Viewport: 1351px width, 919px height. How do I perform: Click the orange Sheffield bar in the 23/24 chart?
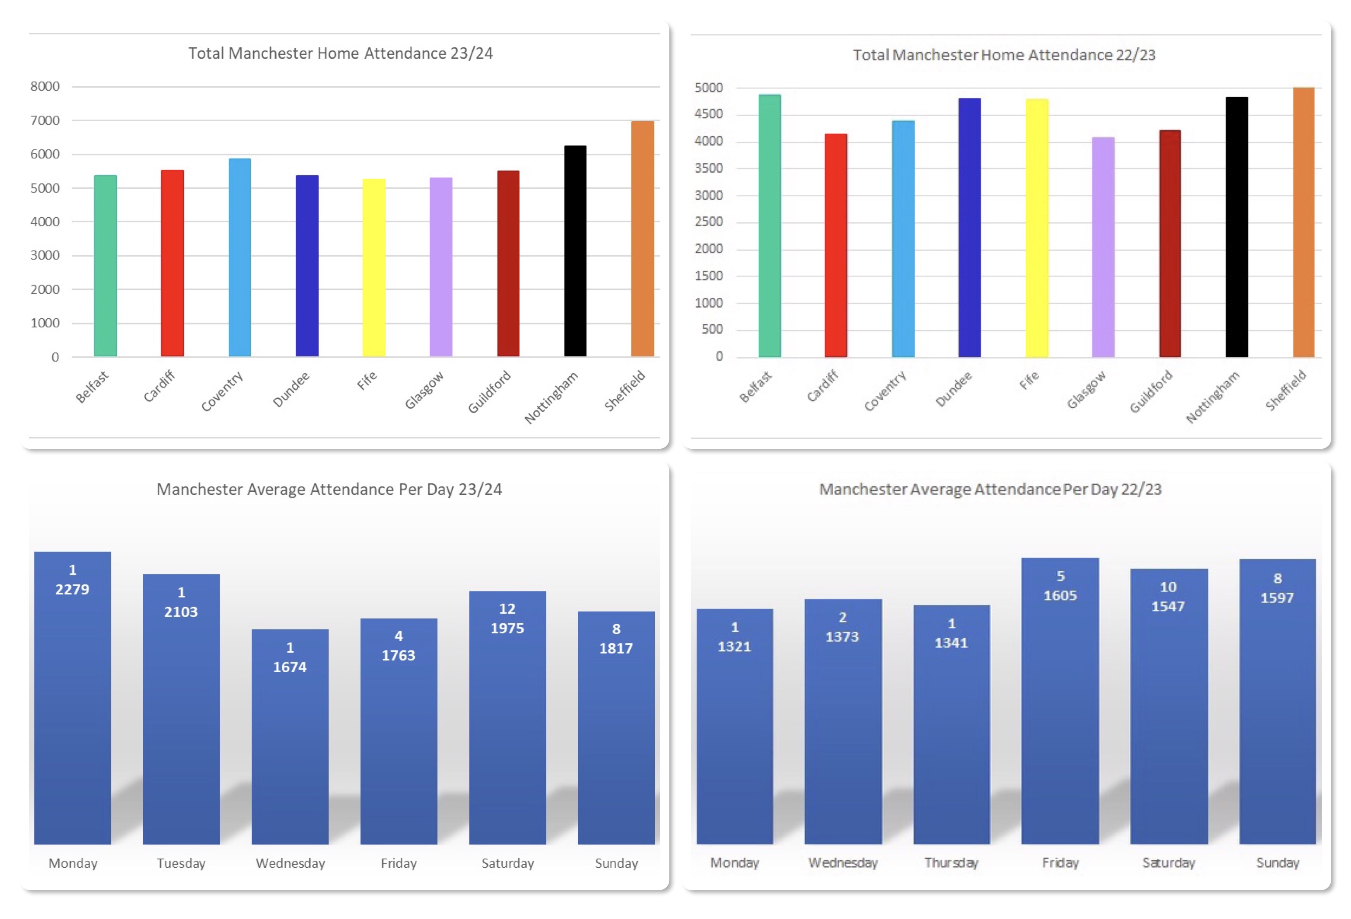[642, 238]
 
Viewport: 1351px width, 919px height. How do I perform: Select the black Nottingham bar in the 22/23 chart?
[1236, 227]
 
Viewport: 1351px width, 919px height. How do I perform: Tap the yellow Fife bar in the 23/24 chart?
[374, 267]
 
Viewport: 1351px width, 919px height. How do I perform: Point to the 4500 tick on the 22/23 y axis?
[708, 114]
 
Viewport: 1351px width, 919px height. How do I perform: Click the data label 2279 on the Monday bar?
[72, 589]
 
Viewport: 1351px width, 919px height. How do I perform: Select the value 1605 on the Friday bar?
[1060, 595]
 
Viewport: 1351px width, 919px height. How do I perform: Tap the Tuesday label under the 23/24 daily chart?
[181, 863]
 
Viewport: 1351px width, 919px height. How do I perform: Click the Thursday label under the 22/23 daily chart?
[951, 863]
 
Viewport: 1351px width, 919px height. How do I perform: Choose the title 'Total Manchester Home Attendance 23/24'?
[340, 53]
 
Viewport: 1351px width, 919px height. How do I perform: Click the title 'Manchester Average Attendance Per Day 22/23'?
[990, 489]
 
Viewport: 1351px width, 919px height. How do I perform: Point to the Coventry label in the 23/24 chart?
[222, 391]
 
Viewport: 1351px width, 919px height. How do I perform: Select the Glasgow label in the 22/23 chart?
[1086, 390]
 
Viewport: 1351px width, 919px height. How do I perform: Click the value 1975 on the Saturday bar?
[507, 628]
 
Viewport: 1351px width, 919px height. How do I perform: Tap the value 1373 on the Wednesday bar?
[842, 637]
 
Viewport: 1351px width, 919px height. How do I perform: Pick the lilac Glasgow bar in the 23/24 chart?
[441, 267]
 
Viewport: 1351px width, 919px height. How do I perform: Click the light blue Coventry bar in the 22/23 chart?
[903, 238]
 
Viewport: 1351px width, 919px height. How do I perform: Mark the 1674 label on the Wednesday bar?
[289, 667]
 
